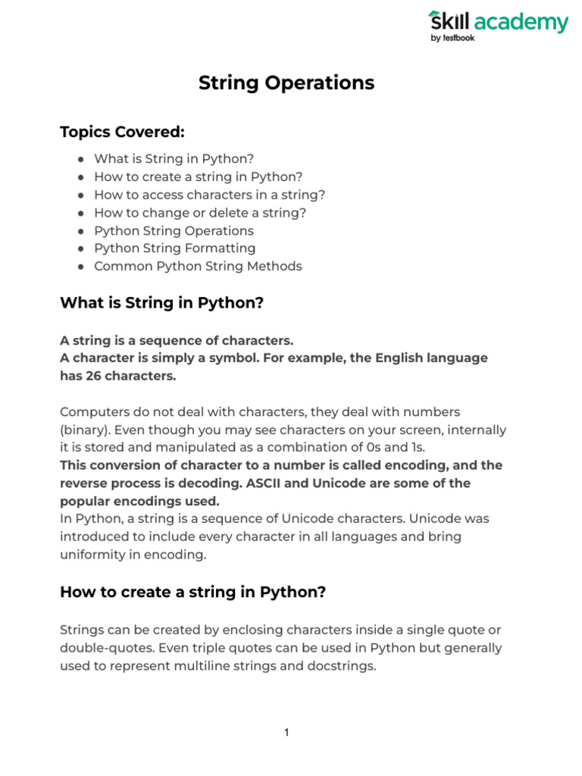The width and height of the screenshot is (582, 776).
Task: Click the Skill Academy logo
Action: point(497,23)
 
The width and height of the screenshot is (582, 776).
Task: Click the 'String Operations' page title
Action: point(286,83)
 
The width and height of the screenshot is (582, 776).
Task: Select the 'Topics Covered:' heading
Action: point(122,133)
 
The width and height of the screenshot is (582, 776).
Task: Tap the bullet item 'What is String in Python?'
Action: point(174,159)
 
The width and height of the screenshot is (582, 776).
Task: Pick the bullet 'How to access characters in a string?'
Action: point(209,195)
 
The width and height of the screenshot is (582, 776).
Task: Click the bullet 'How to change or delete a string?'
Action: point(200,213)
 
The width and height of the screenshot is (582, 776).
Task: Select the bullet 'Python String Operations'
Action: point(174,230)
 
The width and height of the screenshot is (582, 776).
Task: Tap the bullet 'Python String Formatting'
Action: point(174,249)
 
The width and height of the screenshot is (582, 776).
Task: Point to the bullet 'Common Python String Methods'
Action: point(198,266)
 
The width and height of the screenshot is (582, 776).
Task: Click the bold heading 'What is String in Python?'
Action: point(161,304)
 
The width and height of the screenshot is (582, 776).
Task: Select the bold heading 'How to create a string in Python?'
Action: point(192,592)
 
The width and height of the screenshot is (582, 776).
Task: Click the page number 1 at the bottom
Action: point(287,733)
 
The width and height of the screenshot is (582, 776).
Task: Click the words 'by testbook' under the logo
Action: point(453,38)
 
